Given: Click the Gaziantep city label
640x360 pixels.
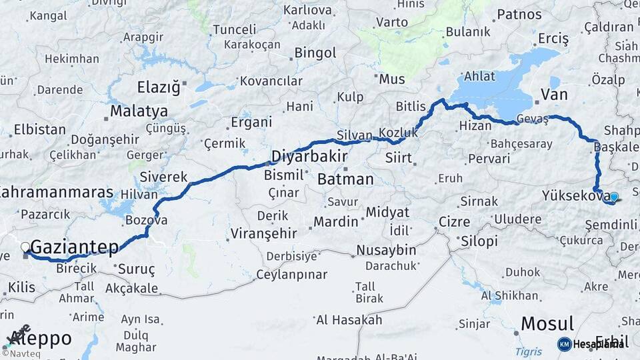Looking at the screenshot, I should point(75,247).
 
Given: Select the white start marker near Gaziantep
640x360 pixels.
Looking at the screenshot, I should point(25,247).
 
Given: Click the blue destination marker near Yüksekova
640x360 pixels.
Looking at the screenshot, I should point(614,197).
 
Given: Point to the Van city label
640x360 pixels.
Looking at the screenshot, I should point(554,95).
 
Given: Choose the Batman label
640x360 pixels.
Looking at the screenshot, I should point(345,179).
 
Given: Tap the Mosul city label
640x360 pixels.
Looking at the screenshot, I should point(547,324).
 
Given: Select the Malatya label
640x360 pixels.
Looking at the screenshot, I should point(139,111).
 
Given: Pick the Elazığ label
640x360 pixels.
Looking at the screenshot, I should point(159,87).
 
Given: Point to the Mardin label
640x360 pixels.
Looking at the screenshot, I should point(336,221).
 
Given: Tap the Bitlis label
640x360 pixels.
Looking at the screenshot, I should point(410,107).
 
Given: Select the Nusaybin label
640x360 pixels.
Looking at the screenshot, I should point(386,251).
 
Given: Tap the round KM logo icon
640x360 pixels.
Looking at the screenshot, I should point(565,344).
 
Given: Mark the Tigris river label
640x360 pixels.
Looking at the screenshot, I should point(529,351).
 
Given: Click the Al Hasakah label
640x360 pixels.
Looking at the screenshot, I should point(349,320).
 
